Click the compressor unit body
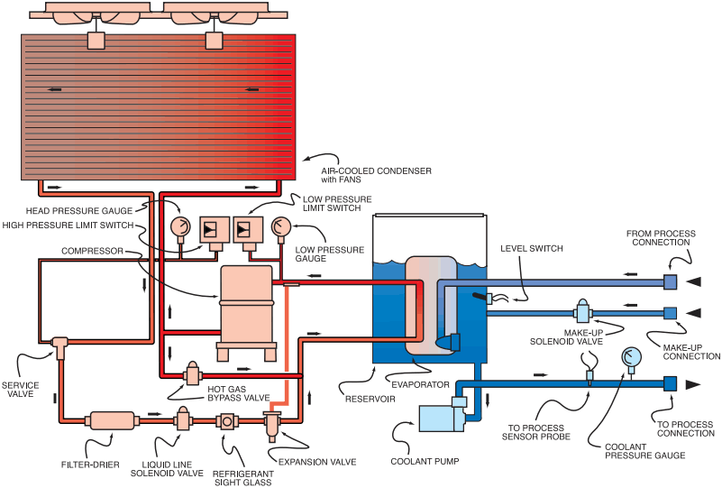pos(246,302)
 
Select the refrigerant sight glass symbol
pos(227,421)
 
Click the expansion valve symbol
pos(271,420)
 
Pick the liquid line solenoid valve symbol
pos(182,419)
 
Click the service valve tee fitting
pos(60,345)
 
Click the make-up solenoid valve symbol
pos(583,313)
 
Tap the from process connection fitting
pos(671,282)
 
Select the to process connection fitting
pos(671,384)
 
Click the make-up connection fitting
pos(671,313)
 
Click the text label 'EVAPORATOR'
pos(426,383)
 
